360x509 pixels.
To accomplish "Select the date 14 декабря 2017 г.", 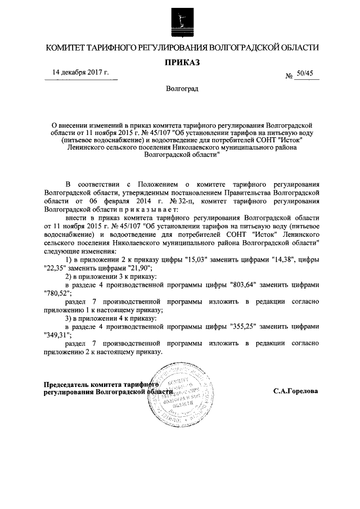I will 80,73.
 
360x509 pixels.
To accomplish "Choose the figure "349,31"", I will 57,335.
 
